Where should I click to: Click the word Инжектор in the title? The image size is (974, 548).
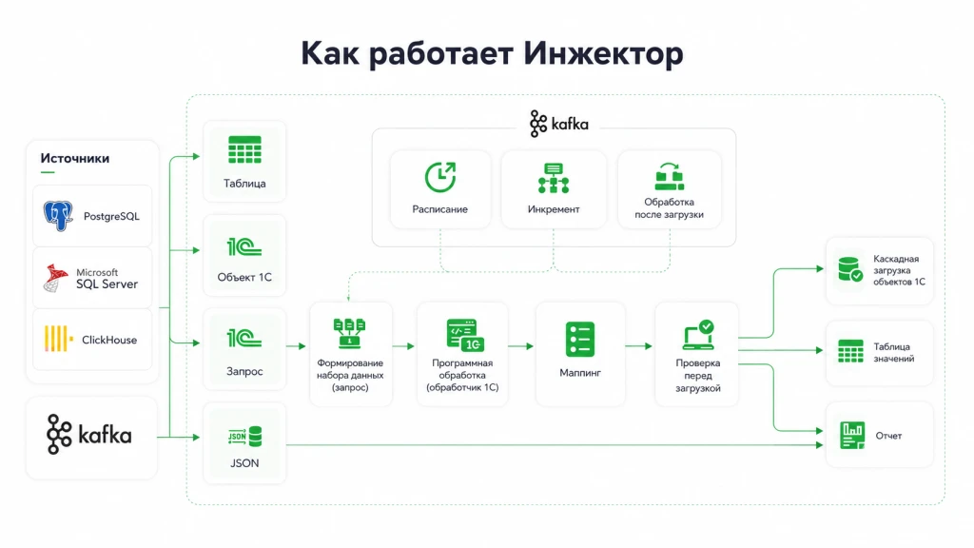click(602, 53)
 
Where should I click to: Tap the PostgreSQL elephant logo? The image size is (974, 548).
click(58, 216)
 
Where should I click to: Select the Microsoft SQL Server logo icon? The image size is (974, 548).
click(56, 278)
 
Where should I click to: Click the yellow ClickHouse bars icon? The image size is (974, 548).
click(58, 340)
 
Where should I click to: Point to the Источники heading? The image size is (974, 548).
click(74, 159)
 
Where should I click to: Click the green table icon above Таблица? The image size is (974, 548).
click(244, 149)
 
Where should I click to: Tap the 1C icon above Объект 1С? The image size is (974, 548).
click(244, 246)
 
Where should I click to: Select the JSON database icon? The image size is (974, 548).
click(244, 436)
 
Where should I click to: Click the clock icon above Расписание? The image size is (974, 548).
click(439, 177)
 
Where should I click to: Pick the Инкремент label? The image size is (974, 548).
click(554, 209)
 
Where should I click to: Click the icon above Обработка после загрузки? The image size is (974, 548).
click(669, 176)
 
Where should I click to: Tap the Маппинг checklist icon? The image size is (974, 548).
click(580, 340)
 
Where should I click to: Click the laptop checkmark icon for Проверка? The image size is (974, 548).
click(699, 335)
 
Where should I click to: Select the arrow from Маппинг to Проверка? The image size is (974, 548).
click(639, 346)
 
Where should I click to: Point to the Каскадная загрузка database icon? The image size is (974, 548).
click(849, 269)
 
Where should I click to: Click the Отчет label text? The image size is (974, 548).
click(888, 436)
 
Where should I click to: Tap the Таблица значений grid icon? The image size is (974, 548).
click(850, 351)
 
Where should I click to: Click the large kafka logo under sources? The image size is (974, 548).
click(88, 434)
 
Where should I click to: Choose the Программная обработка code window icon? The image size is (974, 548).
click(465, 335)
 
